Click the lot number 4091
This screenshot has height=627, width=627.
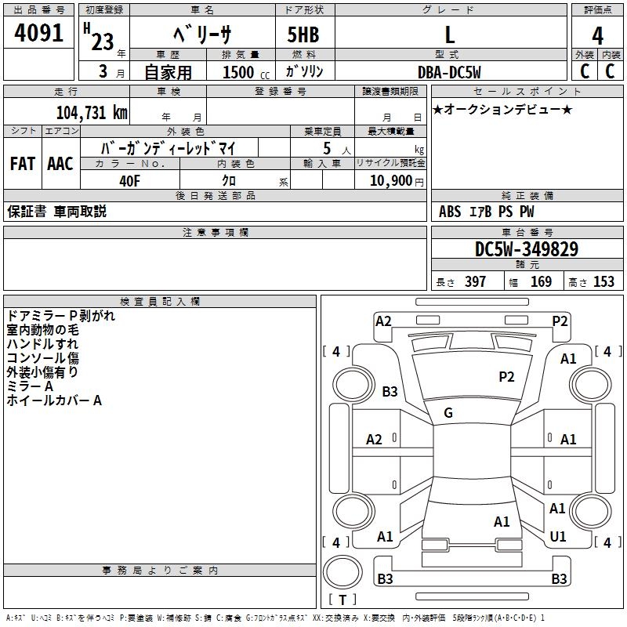(x=39, y=36)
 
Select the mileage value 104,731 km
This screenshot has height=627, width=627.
(x=92, y=112)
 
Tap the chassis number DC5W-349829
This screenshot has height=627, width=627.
(x=527, y=250)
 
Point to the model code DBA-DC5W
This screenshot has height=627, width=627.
(x=448, y=71)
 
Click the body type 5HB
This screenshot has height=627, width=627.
(x=303, y=36)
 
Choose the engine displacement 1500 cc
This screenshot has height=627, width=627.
(x=238, y=72)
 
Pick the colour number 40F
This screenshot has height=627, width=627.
(x=129, y=179)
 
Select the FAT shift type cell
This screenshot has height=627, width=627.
(x=23, y=164)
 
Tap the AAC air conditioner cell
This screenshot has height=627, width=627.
(x=60, y=164)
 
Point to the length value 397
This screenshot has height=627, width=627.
(x=475, y=282)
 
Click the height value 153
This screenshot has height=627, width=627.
(x=603, y=282)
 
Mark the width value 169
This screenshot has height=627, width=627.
(x=541, y=282)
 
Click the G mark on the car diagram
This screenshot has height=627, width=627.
(x=448, y=413)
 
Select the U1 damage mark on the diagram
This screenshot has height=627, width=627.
(x=558, y=537)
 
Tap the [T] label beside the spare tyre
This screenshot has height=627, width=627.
(x=342, y=600)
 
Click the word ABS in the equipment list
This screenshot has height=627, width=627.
(x=450, y=212)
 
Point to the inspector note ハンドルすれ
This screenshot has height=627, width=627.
(x=42, y=344)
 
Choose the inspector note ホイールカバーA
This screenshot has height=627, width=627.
(x=54, y=400)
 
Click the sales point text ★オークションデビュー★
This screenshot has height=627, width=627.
(x=502, y=109)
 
